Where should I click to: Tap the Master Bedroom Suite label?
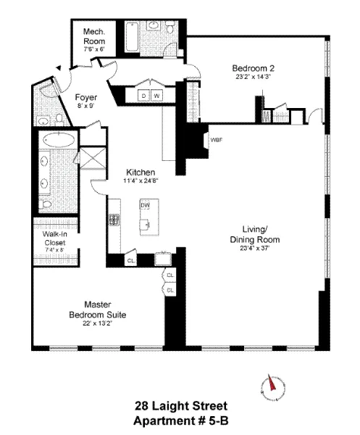pos(97,310)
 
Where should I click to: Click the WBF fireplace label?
pos(216,138)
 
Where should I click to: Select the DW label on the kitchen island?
pos(145,205)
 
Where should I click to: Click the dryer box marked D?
pos(143,96)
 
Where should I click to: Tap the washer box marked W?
pos(156,96)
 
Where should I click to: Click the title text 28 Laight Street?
pos(180,407)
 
